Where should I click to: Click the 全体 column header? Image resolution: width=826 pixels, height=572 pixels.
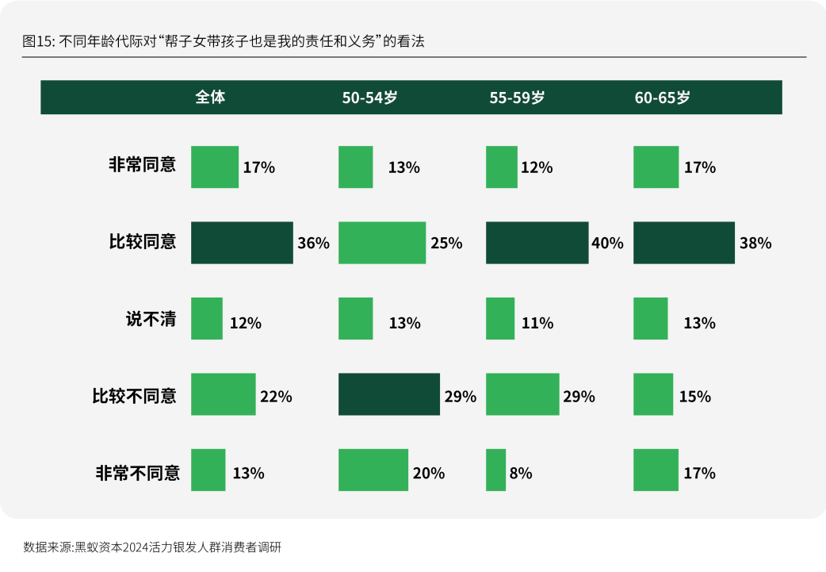pos(210,97)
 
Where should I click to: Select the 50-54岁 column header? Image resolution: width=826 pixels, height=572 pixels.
pos(370,98)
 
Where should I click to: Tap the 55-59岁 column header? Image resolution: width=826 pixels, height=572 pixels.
pos(518,98)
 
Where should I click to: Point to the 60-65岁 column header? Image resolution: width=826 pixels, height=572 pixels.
pos(662,98)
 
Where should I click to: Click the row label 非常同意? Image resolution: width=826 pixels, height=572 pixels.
pos(142,164)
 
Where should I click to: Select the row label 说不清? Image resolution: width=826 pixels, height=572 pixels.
pos(151,319)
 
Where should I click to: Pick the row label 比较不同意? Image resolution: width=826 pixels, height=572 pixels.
pos(134,396)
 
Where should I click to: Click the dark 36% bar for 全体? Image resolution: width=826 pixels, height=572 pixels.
pos(242,243)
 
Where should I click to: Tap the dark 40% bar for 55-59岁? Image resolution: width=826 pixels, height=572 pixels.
pos(537,243)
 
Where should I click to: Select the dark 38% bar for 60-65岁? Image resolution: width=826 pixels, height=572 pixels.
pos(684,243)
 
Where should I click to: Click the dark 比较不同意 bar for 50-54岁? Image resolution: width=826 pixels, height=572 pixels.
pos(388,394)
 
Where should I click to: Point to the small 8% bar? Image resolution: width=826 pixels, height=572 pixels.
pos(495,470)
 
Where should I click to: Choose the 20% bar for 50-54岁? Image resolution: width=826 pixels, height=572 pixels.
pos(373,470)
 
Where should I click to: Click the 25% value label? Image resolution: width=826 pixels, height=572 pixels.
pos(446,243)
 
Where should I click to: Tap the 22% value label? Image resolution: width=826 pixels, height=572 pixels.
pos(276,397)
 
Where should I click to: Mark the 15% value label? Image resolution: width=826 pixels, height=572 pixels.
pos(695,397)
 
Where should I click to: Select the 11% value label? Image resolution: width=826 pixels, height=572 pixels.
pos(537,323)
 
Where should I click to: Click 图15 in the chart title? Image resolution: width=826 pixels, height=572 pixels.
pos(37,41)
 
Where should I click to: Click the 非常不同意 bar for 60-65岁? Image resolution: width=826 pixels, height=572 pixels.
pos(656,470)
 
